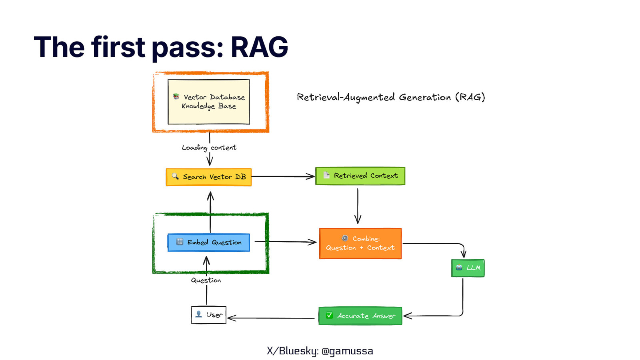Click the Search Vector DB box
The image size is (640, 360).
point(208,177)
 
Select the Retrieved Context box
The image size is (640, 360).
point(360,176)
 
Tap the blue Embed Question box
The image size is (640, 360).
point(208,242)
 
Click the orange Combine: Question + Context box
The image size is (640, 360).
point(360,244)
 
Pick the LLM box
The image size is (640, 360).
point(468,268)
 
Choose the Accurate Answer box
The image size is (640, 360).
point(360,316)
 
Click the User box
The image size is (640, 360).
point(208,315)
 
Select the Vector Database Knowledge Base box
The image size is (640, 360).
point(208,102)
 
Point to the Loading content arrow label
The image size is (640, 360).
point(209,148)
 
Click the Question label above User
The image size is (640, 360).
point(206,280)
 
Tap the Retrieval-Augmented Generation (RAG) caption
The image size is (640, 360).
point(390,97)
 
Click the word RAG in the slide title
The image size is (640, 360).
point(259,47)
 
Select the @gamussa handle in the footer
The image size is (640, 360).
point(347,351)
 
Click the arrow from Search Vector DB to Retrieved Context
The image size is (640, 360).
point(283,176)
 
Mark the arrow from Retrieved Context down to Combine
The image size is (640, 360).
point(358,206)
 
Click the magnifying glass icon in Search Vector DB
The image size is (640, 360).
point(175,176)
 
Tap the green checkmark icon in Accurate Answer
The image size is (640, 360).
point(329,315)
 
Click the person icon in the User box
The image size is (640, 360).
point(198,314)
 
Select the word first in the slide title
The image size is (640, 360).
point(118,47)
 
